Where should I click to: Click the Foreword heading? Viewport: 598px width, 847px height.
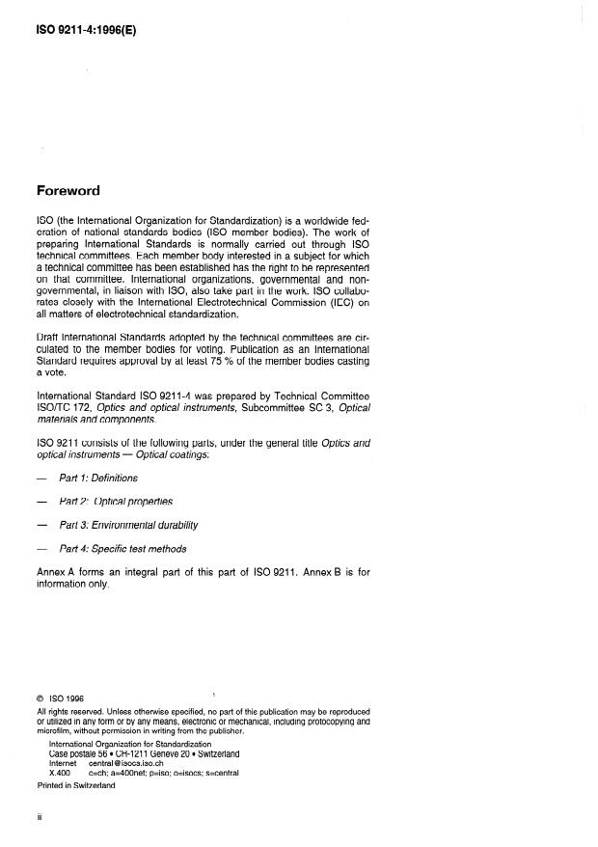coord(68,191)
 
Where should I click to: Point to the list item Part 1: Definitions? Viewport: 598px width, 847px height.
coord(98,478)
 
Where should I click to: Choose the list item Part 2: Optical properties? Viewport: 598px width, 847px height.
coord(116,502)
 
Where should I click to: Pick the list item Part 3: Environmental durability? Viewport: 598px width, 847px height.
coord(128,526)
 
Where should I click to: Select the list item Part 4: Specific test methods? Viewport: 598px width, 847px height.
coord(122,549)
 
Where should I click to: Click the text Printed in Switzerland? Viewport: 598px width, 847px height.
coord(76,786)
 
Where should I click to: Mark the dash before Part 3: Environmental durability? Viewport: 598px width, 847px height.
coord(41,526)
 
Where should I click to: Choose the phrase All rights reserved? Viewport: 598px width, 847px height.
coord(69,713)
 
